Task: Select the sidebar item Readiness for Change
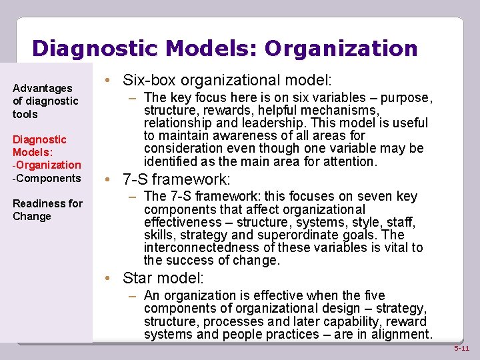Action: click(x=47, y=210)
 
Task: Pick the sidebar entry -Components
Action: click(x=46, y=178)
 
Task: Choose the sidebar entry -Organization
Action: click(x=47, y=165)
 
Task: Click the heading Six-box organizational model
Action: click(x=227, y=81)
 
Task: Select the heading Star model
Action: click(x=163, y=278)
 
